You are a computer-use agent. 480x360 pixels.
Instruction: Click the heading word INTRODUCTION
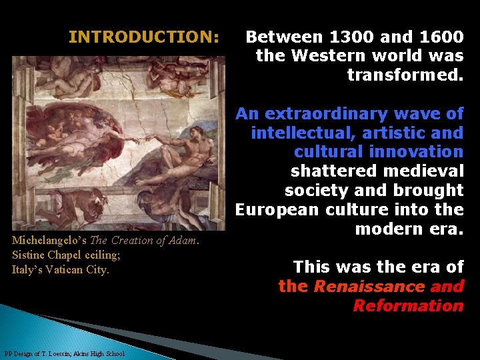pyautogui.click(x=143, y=37)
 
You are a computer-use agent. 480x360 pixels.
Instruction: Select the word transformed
pyautogui.click(x=405, y=75)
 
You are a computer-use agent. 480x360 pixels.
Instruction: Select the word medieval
pyautogui.click(x=425, y=171)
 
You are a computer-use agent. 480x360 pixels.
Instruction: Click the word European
pyautogui.click(x=275, y=209)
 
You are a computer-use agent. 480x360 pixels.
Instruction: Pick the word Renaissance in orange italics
pyautogui.click(x=369, y=287)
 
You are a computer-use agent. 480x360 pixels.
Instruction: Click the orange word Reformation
pyautogui.click(x=408, y=306)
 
